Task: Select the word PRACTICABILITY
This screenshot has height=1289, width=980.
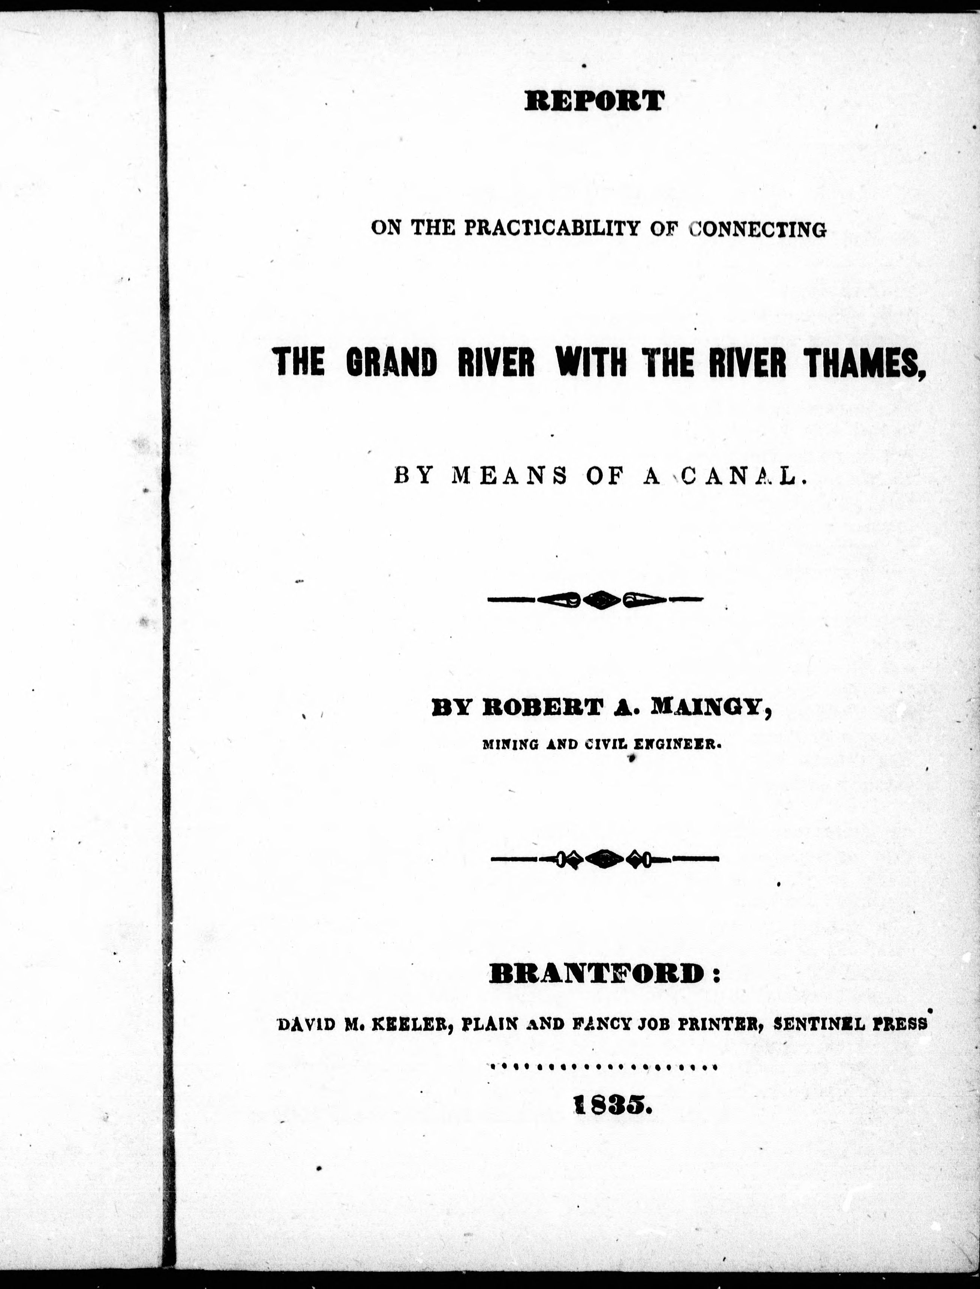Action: (547, 228)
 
